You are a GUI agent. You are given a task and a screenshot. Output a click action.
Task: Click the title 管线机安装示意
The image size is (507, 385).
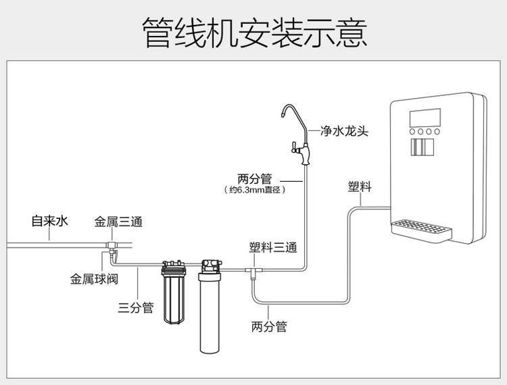(254, 32)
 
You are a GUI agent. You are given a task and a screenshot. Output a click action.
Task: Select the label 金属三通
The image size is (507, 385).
(118, 221)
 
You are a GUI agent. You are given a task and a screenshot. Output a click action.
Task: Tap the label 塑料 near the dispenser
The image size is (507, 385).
(359, 186)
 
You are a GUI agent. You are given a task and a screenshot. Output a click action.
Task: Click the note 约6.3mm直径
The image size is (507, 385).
(255, 190)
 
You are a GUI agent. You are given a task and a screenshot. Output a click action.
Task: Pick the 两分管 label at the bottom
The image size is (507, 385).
(269, 327)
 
